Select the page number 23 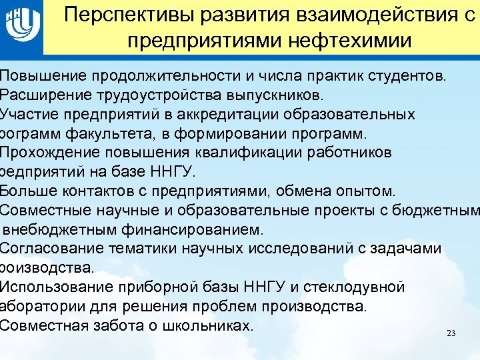point(451,333)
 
